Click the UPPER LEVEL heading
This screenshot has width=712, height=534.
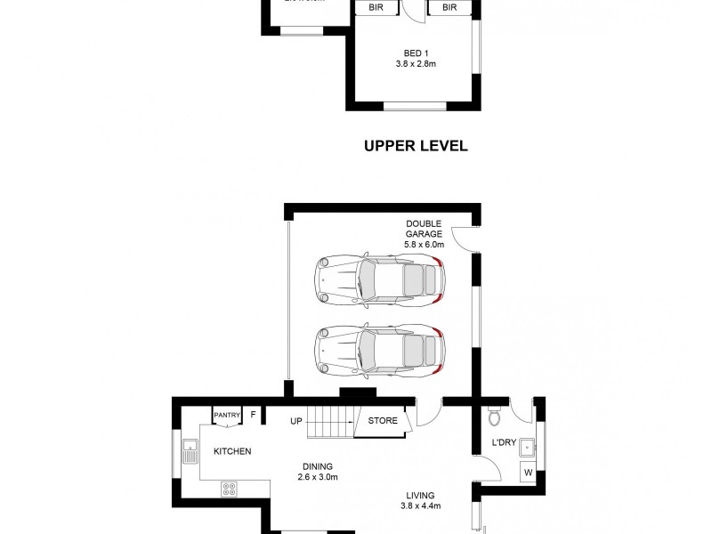416,146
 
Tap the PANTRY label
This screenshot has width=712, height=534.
227,414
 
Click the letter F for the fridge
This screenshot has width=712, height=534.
253,414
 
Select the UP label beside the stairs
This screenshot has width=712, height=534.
297,421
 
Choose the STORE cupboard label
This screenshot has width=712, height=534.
383,421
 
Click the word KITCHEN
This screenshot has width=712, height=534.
231,452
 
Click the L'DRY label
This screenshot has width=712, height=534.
504,443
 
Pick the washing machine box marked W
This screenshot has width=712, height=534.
527,473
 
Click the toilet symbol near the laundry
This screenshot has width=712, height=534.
496,416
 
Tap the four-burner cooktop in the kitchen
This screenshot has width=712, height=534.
228,489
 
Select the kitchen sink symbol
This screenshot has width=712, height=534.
189,451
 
